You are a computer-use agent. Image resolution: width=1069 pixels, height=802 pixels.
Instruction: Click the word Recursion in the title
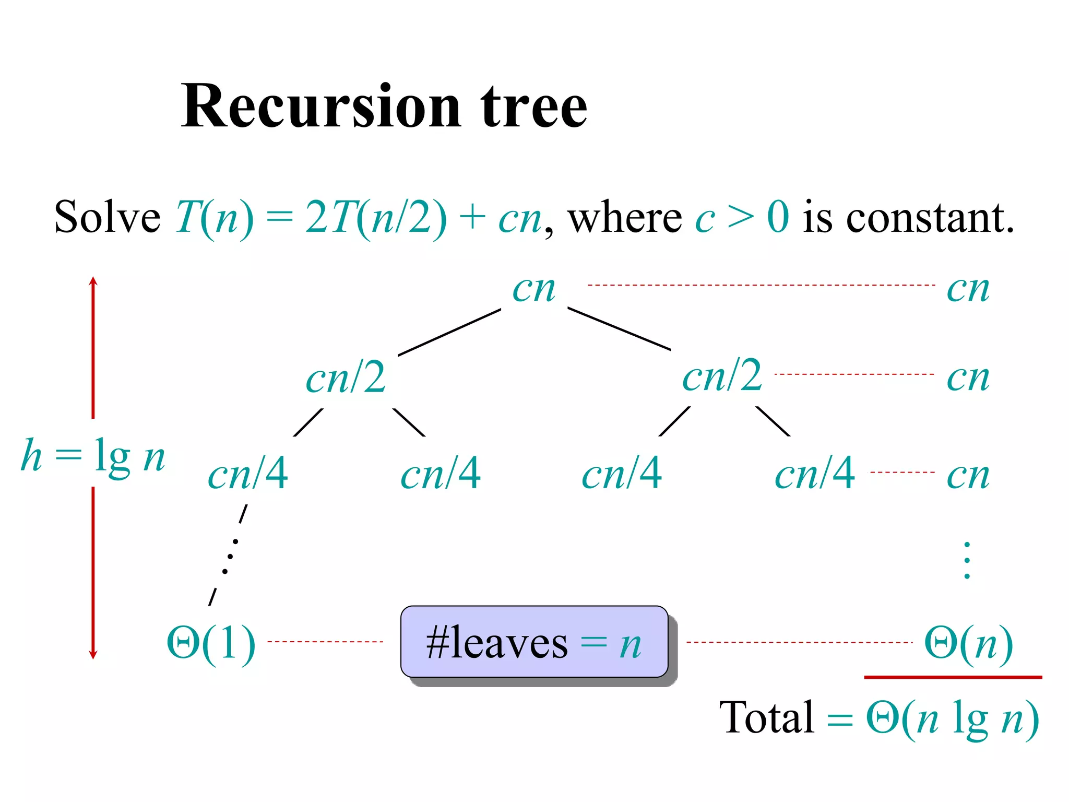point(320,107)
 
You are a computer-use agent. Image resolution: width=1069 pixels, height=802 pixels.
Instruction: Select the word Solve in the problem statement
point(107,217)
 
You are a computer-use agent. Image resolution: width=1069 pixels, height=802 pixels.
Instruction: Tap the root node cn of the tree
point(533,289)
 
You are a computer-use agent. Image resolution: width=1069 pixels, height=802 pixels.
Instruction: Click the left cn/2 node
point(346,378)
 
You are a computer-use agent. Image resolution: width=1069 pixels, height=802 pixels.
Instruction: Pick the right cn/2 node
point(722,376)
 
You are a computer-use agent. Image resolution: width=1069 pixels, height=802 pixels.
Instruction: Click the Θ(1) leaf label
point(211,643)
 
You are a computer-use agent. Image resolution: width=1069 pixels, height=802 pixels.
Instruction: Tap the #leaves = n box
point(534,642)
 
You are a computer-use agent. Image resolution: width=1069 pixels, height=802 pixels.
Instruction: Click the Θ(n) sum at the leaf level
point(968,643)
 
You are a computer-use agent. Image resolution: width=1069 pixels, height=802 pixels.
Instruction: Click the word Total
point(766,718)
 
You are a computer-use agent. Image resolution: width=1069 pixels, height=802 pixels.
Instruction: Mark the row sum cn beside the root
point(968,289)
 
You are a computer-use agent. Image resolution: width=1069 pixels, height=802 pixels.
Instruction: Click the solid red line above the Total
point(953,677)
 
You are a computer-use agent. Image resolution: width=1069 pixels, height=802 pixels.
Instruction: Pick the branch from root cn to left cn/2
point(449,333)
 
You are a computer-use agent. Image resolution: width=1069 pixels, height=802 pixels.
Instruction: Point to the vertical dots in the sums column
point(967,561)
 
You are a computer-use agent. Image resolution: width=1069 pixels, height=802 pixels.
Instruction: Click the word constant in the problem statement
point(930,217)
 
